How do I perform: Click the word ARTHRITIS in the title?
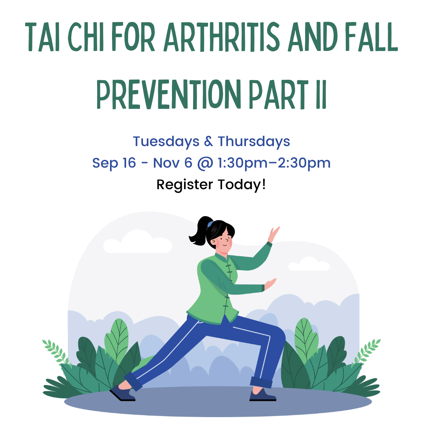tap(222, 37)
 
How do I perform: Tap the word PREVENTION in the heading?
tap(168, 94)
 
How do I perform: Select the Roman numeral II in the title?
tap(321, 94)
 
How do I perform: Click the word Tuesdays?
tap(166, 142)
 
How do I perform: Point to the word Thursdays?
tap(254, 142)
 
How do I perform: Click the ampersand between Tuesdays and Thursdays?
tap(208, 141)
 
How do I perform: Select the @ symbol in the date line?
tap(205, 163)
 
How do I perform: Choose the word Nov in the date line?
tap(166, 163)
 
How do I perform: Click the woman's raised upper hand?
tap(273, 235)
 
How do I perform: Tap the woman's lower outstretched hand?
tap(270, 284)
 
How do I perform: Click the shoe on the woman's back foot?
tap(123, 393)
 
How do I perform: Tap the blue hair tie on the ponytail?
tap(210, 224)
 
